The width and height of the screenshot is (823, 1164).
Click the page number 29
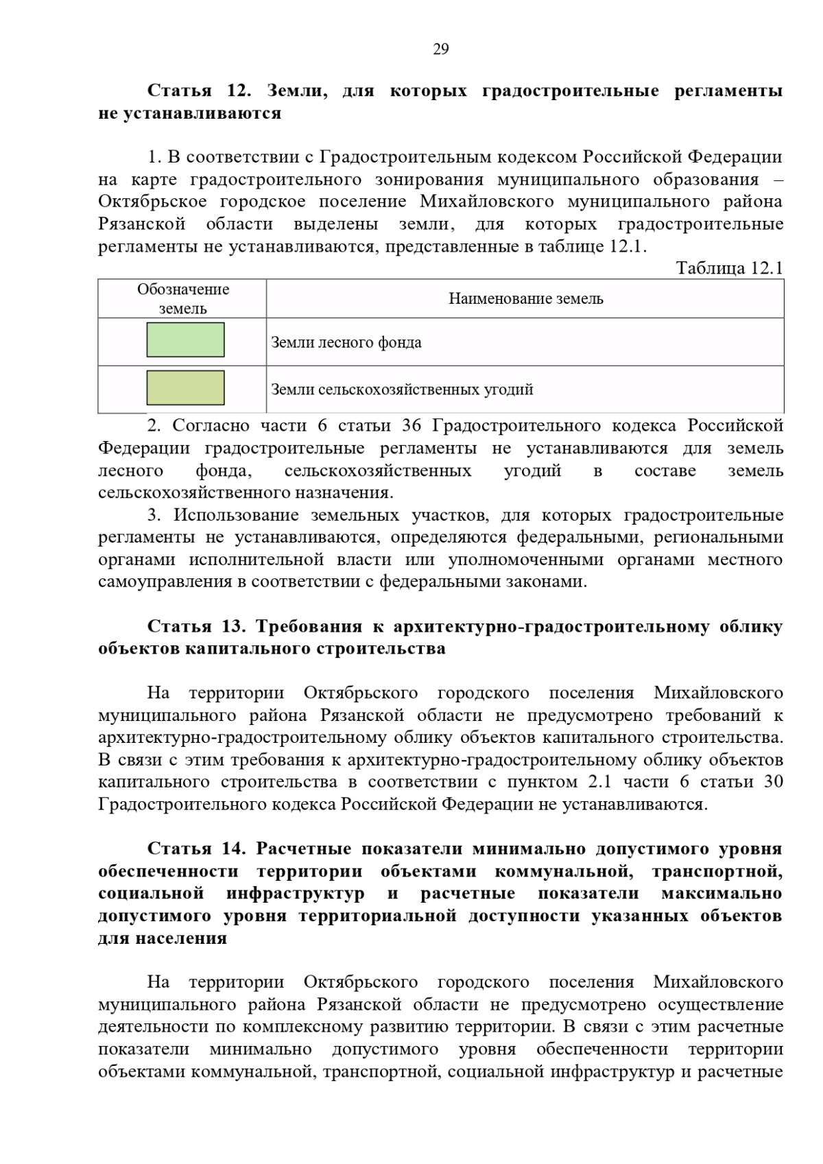click(x=440, y=49)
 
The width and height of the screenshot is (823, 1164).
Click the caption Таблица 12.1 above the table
click(x=729, y=268)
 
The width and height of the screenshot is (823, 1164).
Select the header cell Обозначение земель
click(x=182, y=299)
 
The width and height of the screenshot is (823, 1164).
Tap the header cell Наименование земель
click(x=525, y=299)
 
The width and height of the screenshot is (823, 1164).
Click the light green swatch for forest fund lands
click(x=185, y=340)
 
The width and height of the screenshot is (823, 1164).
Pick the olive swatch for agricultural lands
click(x=185, y=388)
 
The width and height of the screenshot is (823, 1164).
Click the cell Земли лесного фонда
click(x=346, y=342)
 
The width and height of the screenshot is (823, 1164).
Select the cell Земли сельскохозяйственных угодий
click(x=402, y=390)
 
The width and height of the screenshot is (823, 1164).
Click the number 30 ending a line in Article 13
click(x=772, y=782)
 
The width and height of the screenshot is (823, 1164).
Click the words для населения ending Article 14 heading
click(x=163, y=938)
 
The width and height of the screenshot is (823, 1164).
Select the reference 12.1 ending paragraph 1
click(x=627, y=246)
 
